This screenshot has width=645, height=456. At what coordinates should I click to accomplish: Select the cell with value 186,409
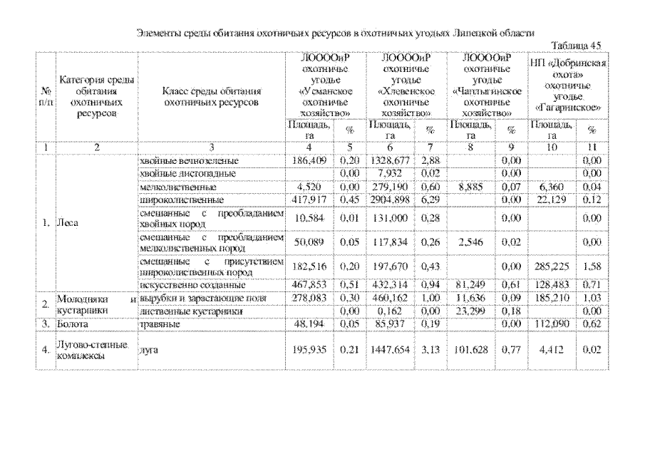(x=309, y=161)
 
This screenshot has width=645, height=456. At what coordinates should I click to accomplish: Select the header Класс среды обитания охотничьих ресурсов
(x=211, y=97)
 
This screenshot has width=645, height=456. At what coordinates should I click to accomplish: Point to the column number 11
(x=592, y=148)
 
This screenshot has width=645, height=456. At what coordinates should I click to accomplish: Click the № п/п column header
(x=46, y=97)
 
